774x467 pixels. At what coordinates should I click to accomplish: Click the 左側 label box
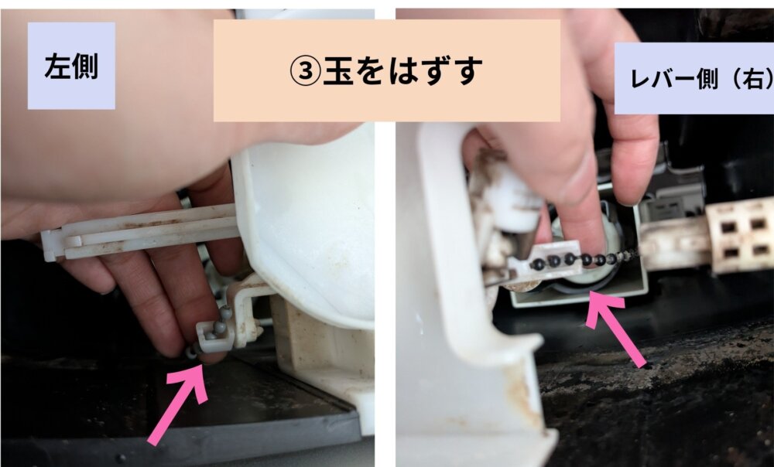71,66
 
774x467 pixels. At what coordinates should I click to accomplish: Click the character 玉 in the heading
339,70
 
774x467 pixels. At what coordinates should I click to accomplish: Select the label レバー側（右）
694,78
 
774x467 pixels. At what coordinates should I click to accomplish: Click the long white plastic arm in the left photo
141,230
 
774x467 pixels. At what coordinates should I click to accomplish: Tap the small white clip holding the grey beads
214,336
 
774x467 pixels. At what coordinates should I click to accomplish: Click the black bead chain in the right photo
583,259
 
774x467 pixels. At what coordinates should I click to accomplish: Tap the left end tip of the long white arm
44,245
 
